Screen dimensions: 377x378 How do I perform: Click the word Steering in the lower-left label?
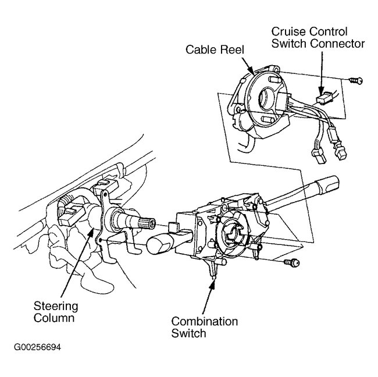pyautogui.click(x=55, y=307)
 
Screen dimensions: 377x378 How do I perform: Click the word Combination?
pyautogui.click(x=204, y=322)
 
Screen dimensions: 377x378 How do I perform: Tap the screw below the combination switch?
pyautogui.click(x=293, y=264)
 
